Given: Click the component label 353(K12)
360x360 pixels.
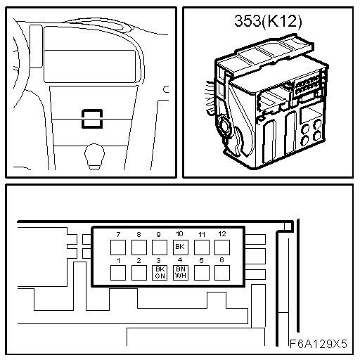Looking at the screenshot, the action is (268, 22).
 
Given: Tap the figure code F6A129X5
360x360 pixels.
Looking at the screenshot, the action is (319, 344).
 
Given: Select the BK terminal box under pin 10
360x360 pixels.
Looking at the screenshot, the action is (181, 247).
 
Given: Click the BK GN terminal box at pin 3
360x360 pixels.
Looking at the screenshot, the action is (160, 273).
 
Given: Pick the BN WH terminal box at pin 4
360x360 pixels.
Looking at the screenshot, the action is (181, 273).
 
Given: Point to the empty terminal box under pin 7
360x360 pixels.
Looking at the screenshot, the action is (118, 247).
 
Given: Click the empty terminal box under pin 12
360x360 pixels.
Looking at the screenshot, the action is (222, 247).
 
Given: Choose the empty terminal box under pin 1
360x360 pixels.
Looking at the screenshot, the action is (118, 273).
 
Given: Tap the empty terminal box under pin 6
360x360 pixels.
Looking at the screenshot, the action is (222, 273).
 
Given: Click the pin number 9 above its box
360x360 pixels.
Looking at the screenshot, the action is (159, 234).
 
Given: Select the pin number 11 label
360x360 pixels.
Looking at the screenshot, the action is (202, 234).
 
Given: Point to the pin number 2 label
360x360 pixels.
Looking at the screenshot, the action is (139, 260).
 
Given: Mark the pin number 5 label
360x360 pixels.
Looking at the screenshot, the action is (201, 260).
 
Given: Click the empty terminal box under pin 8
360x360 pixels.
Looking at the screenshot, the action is (139, 247).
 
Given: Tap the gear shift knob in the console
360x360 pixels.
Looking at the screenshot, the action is (94, 155).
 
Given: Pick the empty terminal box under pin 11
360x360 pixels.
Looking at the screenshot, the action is (202, 247).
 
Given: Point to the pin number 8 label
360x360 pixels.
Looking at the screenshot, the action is (139, 234).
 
